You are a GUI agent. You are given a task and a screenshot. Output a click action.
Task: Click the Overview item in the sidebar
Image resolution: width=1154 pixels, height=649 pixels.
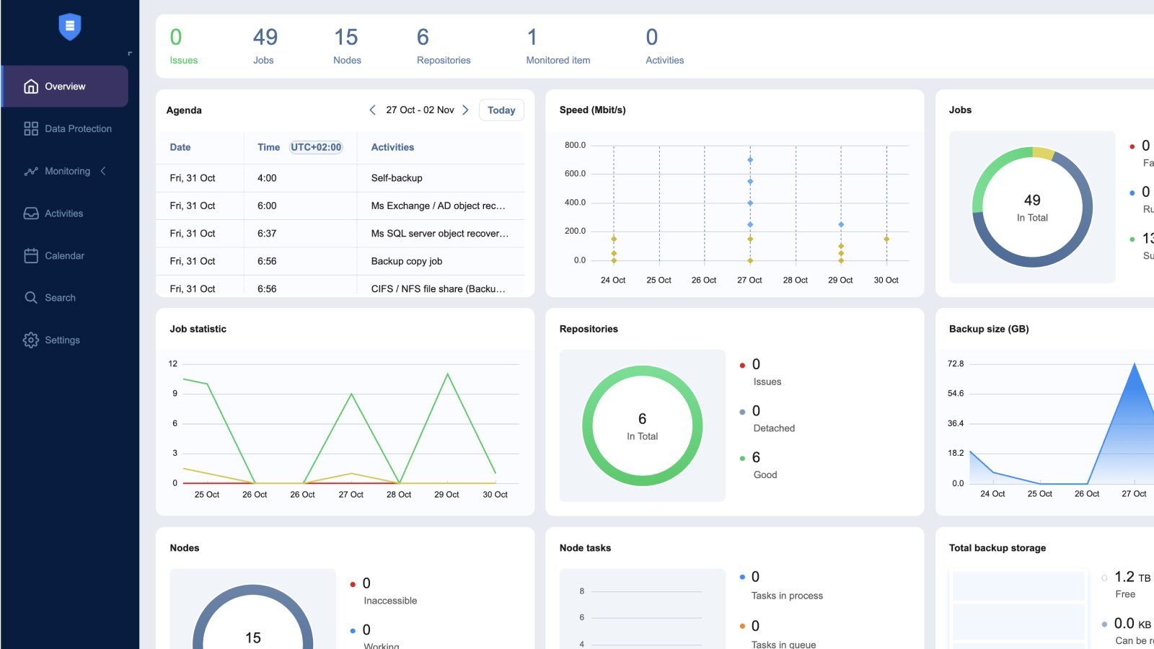tap(65, 87)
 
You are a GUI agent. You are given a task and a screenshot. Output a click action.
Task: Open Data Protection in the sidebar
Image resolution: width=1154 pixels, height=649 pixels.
tap(78, 129)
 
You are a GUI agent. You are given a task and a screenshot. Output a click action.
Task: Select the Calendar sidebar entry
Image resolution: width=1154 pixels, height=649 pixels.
tap(64, 256)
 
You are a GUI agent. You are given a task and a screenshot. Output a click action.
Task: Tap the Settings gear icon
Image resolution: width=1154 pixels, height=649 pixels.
tap(31, 340)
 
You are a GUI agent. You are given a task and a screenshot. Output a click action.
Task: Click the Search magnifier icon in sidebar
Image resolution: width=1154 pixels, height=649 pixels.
tap(31, 298)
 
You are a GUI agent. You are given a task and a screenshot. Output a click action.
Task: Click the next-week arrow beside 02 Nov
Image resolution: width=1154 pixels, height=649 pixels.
tap(465, 110)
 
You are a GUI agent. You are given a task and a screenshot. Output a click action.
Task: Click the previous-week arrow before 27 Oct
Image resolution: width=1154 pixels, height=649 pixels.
tap(372, 110)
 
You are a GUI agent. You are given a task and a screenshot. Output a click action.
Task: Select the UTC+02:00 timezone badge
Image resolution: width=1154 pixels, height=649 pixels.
tap(316, 147)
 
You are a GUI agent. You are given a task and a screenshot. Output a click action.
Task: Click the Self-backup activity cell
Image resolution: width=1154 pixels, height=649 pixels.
tap(397, 178)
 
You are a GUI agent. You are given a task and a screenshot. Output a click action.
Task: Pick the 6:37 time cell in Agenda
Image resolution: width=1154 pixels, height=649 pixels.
tap(267, 234)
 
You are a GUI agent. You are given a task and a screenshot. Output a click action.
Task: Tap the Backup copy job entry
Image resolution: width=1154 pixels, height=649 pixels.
tap(407, 261)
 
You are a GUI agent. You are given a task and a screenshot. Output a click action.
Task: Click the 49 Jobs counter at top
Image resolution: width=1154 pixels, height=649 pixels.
tap(265, 45)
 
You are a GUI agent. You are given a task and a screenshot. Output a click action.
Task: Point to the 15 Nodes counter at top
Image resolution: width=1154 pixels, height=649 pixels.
tap(346, 45)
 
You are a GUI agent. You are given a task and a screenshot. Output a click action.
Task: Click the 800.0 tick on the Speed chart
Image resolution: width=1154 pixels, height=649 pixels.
tap(575, 146)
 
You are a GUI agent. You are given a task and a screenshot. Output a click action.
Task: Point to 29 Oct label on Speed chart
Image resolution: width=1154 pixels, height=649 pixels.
tap(840, 281)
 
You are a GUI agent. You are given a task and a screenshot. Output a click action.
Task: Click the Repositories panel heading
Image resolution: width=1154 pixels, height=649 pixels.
tap(589, 329)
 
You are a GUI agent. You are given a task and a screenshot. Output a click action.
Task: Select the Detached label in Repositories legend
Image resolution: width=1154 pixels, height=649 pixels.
tap(774, 428)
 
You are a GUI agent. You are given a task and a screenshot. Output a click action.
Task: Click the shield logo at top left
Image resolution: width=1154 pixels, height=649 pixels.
tap(69, 27)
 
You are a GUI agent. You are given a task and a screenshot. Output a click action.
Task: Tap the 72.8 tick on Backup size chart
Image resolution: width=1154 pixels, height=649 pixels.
tap(956, 364)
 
